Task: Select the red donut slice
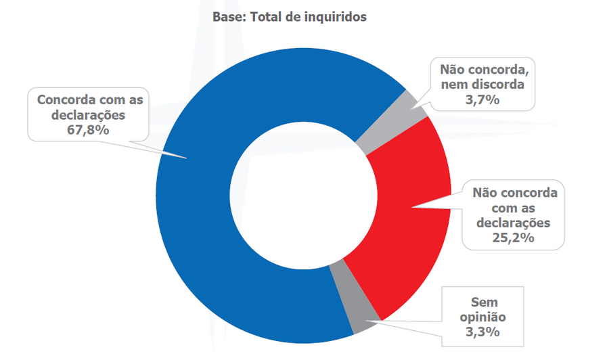click(413, 217)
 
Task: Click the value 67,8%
click(89, 129)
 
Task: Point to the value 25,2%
click(516, 238)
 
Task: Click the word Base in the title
click(228, 17)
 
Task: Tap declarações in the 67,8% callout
click(89, 114)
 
